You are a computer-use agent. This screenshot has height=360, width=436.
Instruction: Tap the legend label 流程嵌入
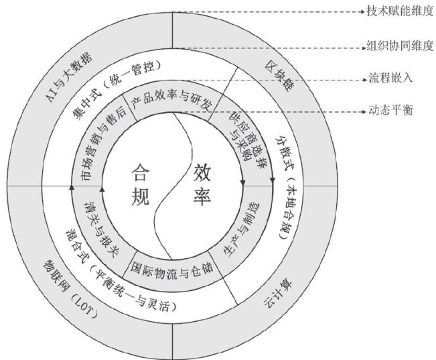[390, 78]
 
